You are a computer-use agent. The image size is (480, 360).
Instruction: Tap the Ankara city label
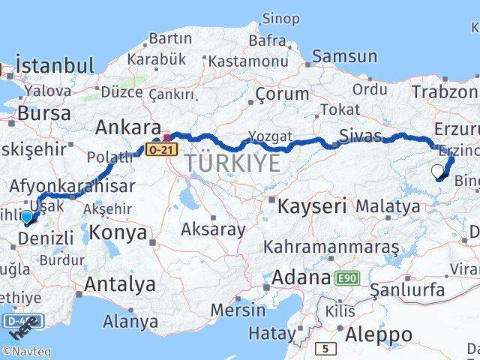(x=127, y=127)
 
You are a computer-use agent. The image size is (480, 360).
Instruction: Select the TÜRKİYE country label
(x=233, y=163)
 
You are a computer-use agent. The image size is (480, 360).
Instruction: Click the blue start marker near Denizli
(x=27, y=217)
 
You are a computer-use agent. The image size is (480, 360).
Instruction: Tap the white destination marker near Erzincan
(x=439, y=171)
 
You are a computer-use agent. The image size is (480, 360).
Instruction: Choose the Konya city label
(x=118, y=232)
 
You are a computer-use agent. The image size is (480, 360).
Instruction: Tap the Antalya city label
(x=120, y=284)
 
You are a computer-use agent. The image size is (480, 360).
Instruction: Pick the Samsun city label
(x=344, y=55)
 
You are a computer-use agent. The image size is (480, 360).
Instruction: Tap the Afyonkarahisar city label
(x=73, y=186)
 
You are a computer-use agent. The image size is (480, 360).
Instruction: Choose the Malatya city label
(x=388, y=205)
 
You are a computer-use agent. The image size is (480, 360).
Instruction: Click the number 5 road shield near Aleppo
(x=325, y=348)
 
